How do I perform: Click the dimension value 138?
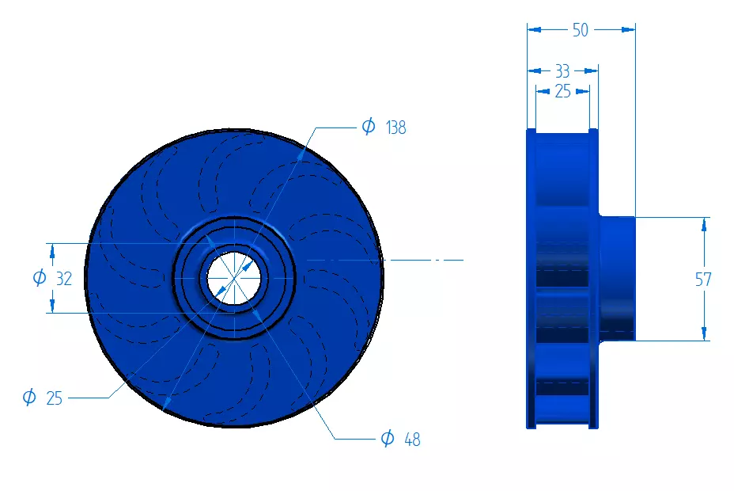[395, 128]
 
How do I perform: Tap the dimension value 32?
[64, 278]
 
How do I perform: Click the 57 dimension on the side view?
[703, 280]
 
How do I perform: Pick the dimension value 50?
[581, 30]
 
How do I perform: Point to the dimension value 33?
[562, 71]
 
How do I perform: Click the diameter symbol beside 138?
[368, 127]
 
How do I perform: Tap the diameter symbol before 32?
[39, 278]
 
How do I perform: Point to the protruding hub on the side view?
[617, 278]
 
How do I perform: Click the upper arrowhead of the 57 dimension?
[703, 224]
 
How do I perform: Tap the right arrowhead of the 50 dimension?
[629, 30]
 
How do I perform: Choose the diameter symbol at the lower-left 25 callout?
[29, 398]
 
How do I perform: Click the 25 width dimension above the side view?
[562, 92]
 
